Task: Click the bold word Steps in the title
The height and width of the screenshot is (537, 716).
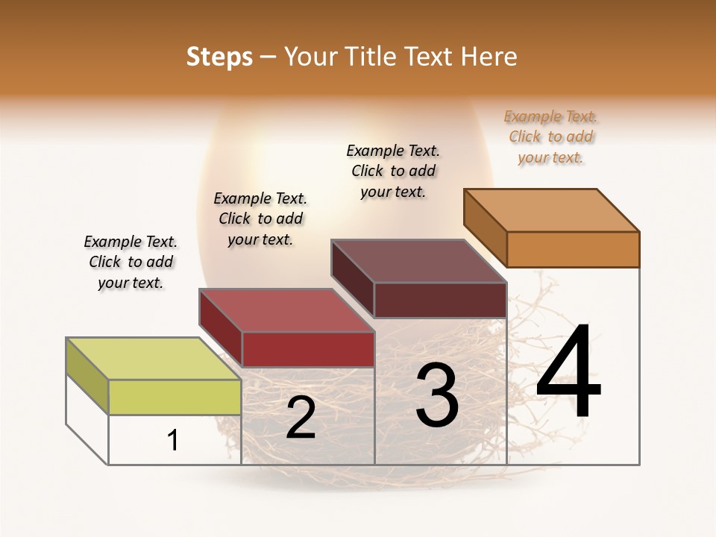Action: [x=219, y=57]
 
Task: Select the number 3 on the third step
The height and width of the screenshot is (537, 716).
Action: [x=436, y=397]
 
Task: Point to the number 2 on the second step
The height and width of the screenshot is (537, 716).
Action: [x=301, y=418]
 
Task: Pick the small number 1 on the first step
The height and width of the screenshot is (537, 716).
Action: [x=173, y=440]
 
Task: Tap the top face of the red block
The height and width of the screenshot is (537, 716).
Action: [x=286, y=310]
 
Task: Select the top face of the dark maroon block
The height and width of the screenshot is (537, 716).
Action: [x=418, y=261]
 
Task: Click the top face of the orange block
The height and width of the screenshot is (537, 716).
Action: [x=551, y=210]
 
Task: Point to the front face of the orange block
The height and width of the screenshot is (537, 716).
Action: [x=573, y=249]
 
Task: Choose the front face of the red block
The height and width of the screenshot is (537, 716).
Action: [x=308, y=349]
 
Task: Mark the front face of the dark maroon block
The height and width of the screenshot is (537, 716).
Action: [x=440, y=300]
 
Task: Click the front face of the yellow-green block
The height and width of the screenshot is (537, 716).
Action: [x=175, y=397]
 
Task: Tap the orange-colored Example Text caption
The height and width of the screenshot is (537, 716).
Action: [x=550, y=136]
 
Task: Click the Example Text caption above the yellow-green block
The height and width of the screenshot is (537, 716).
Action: [x=131, y=262]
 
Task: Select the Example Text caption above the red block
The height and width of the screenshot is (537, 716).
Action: [x=260, y=219]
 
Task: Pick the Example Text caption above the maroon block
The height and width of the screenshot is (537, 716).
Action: [x=393, y=171]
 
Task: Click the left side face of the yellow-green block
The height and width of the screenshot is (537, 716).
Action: [x=87, y=376]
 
